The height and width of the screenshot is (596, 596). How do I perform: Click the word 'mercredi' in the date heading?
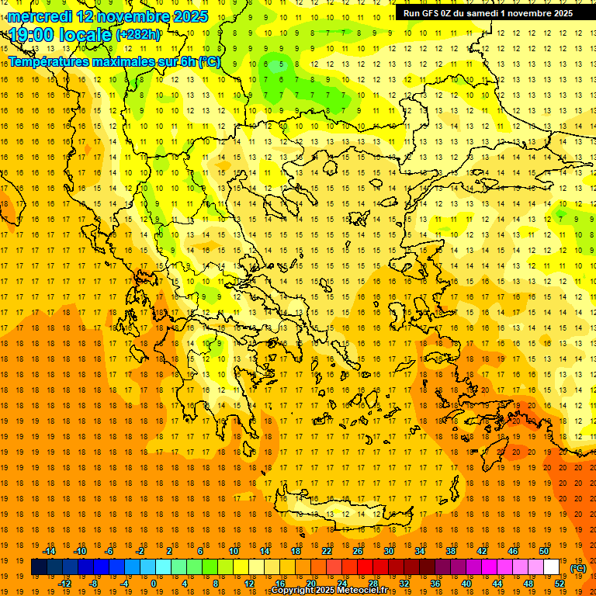tap(40, 16)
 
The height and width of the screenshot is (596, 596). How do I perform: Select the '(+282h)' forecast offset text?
tap(138, 35)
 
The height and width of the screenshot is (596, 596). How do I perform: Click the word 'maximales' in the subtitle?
tap(116, 61)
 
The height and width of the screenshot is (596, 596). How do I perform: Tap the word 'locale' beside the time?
tap(88, 34)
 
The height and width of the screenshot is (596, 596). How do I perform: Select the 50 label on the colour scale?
tap(543, 551)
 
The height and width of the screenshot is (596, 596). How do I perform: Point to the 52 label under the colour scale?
tap(560, 584)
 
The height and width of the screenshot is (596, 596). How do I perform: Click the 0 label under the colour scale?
tap(153, 584)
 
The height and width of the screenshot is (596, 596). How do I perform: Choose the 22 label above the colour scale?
tap(327, 551)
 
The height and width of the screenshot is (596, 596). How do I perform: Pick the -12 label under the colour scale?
tap(64, 584)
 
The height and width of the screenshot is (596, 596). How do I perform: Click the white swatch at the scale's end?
tap(552, 567)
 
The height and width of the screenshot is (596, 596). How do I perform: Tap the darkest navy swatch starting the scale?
tap(39, 567)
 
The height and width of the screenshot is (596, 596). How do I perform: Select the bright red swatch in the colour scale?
tap(365, 567)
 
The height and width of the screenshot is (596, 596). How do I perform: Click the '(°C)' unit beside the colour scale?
tap(577, 567)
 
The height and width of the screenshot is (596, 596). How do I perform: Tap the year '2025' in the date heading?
tap(189, 16)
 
